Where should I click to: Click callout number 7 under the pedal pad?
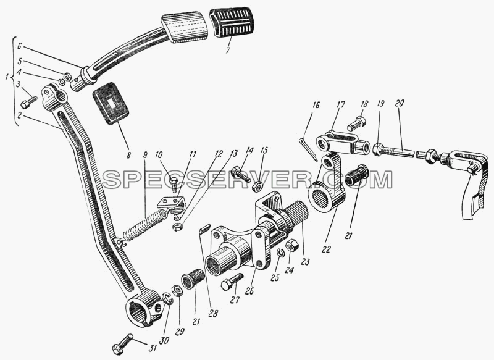[228, 51]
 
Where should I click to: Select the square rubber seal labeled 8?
[111, 104]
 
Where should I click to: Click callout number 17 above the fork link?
[341, 105]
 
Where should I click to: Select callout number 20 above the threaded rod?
[399, 104]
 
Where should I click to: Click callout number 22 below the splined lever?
[327, 249]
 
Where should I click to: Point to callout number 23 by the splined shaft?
[305, 261]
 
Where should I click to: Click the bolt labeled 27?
[232, 281]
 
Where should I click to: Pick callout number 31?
[153, 348]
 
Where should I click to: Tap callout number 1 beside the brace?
[7, 78]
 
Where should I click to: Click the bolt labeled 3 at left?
[28, 103]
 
